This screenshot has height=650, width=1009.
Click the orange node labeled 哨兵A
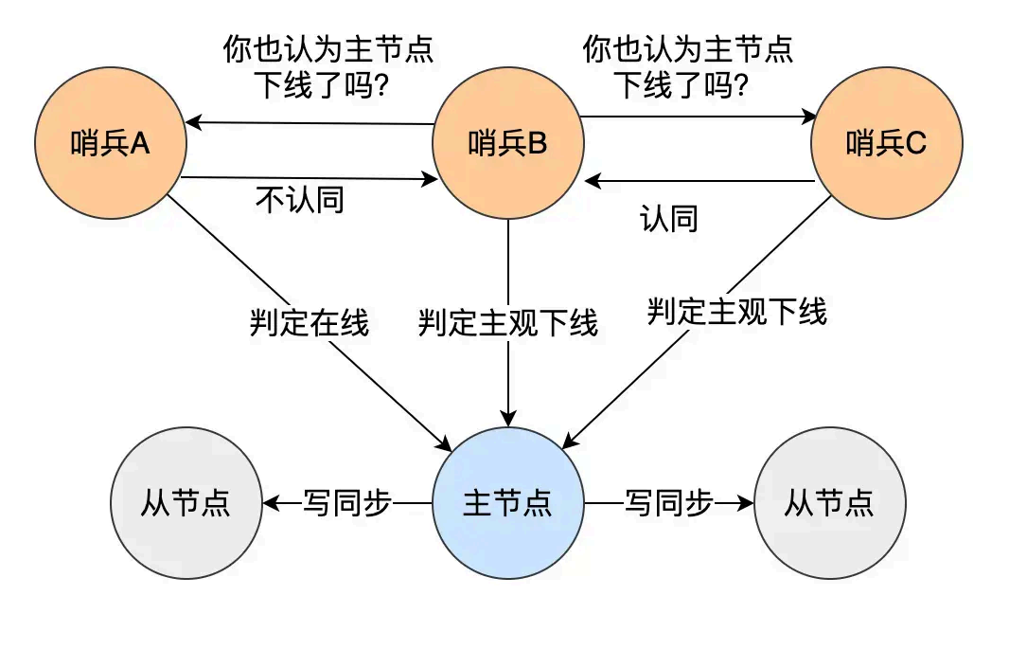pos(111,143)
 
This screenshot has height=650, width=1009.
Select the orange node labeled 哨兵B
pos(508,143)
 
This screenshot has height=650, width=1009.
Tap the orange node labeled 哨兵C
pos(887,143)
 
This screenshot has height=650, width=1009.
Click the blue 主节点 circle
pos(508,503)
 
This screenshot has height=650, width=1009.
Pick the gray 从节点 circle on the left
pos(186,503)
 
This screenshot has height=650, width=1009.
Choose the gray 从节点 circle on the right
pos(830,503)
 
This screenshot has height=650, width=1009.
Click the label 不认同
pos(300,200)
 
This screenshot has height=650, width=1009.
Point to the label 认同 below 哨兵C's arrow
pos(669,219)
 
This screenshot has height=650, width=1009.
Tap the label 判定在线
pos(310,324)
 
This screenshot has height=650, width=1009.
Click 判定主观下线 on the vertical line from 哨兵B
pos(508,324)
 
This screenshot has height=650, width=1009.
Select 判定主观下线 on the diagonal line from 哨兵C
pos(737,310)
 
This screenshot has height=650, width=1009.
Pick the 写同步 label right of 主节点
pos(669,503)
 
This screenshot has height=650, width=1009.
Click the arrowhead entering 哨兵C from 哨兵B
pos(809,118)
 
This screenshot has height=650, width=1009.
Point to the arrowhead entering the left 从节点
pos(270,503)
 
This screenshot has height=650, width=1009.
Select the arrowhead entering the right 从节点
pos(747,503)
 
